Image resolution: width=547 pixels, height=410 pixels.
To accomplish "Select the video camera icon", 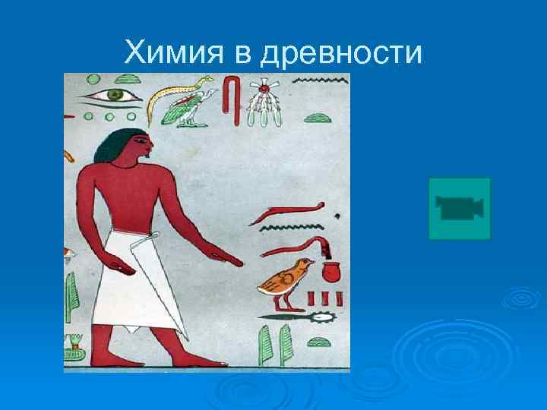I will tap(460, 208).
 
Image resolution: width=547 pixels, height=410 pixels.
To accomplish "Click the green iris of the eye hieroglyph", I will tap(115, 95).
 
